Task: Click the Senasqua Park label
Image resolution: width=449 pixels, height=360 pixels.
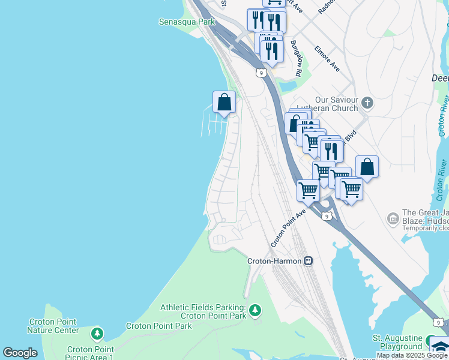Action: [x=186, y=22]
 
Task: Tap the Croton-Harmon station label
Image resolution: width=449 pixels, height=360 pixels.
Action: [x=275, y=261]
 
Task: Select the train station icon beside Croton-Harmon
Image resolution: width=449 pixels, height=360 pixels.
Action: [x=308, y=261]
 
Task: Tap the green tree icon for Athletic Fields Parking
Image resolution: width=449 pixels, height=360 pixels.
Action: [x=256, y=310]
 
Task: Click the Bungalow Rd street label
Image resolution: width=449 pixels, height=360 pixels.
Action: [x=296, y=58]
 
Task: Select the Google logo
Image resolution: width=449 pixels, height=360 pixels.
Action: [x=20, y=353]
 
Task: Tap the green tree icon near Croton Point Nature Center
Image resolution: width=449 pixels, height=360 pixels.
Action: [x=97, y=333]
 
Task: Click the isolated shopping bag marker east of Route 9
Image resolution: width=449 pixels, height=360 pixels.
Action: [x=367, y=167]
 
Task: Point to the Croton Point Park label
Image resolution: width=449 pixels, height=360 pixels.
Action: [x=158, y=326]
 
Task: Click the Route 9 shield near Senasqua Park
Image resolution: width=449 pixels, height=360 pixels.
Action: [x=259, y=73]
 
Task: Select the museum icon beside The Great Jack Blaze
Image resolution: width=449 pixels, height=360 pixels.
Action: [x=393, y=217]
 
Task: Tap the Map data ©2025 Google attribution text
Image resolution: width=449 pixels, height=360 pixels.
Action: [x=412, y=355]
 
